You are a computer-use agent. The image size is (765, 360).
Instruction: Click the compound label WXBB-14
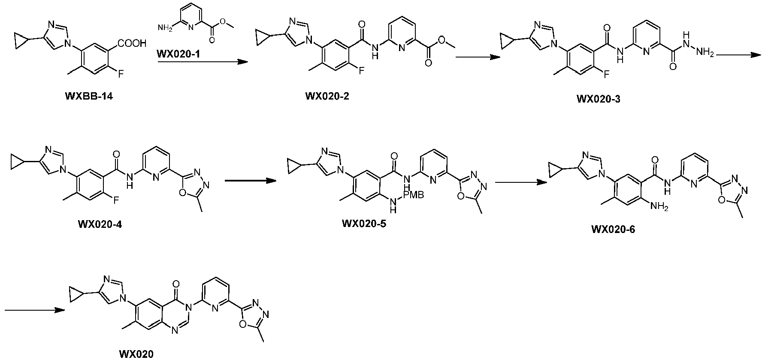click(89, 96)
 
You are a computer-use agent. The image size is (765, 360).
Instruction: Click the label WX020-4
click(100, 224)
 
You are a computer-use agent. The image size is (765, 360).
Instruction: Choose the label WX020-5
click(364, 223)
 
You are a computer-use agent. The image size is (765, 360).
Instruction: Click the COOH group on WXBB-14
click(132, 43)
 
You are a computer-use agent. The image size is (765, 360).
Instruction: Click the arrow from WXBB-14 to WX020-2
click(203, 62)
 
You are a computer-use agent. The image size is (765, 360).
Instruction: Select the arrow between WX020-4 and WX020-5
click(250, 181)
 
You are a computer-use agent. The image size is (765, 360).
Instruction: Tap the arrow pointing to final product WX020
click(35, 310)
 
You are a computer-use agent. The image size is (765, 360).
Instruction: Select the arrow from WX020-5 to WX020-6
click(521, 182)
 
